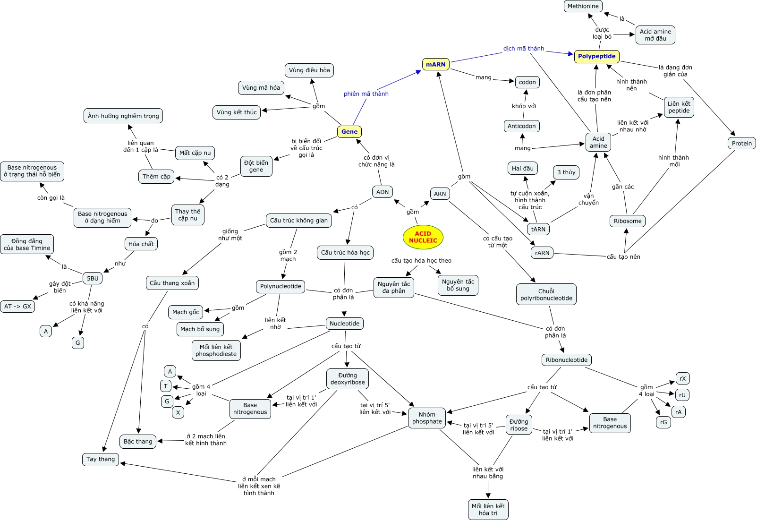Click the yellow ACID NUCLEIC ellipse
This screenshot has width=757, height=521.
point(423,237)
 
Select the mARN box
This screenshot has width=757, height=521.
point(435,64)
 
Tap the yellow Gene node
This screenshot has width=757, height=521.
point(349,132)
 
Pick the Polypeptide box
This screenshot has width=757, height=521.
point(596,56)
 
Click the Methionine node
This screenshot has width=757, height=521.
point(583,6)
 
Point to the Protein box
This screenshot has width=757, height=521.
point(741,143)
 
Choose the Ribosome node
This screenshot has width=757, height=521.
point(627,221)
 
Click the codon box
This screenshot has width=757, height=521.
point(527,82)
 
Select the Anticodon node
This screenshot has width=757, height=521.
point(521,126)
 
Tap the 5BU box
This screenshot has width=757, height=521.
point(93,278)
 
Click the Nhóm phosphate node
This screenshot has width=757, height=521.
point(427,418)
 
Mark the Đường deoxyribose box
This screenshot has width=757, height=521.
point(348,379)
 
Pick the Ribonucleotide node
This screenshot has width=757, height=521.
point(566,360)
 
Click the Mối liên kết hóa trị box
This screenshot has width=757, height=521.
point(488,509)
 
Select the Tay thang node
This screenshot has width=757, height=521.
point(101,459)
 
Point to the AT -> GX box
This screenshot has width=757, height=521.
point(17,306)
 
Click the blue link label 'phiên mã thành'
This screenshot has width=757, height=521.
point(366,94)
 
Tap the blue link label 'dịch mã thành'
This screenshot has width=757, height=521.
point(523,49)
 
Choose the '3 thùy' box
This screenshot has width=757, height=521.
point(566,172)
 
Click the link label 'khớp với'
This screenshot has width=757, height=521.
point(524,106)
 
